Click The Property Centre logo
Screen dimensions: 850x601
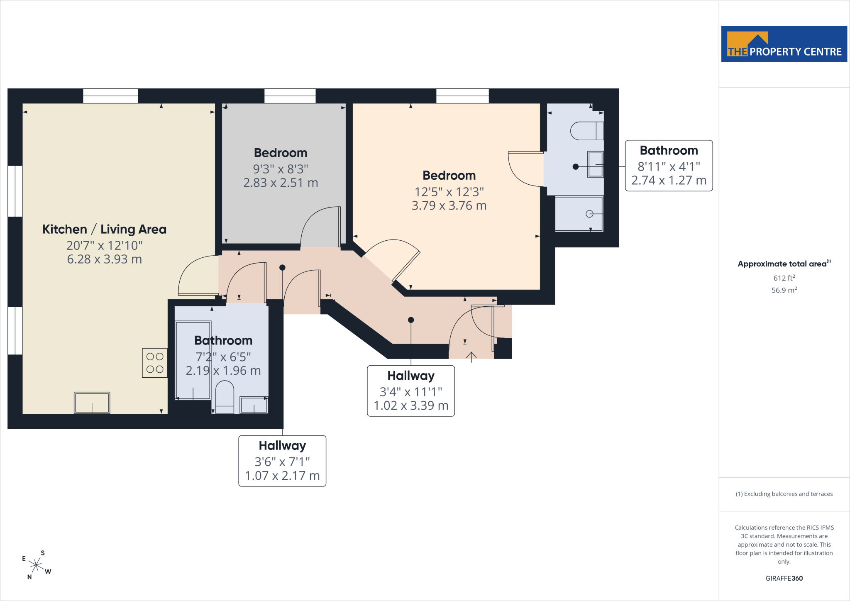pos(784,44)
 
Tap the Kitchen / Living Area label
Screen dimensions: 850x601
pos(104,229)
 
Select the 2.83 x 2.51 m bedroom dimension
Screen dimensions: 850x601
pos(281,183)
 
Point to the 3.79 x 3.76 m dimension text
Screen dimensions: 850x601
pos(449,205)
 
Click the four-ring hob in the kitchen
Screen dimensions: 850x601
pos(155,363)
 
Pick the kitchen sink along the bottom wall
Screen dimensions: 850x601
pos(92,403)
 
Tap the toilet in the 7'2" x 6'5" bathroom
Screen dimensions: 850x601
pos(225,397)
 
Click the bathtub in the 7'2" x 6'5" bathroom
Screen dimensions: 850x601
pos(193,360)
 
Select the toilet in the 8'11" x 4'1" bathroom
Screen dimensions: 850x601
pos(587,131)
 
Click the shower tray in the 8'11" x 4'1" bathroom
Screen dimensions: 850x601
pos(579,214)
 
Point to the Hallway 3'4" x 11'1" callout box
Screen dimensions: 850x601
pos(411,391)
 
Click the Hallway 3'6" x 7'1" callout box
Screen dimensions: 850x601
pos(282,461)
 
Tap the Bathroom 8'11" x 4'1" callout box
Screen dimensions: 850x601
pos(669,166)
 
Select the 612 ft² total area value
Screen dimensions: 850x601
pos(784,278)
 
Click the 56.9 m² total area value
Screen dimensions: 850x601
pos(784,290)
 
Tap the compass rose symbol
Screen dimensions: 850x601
pos(37,564)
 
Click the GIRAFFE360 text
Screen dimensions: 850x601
pos(784,578)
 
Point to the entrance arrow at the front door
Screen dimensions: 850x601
pos(471,357)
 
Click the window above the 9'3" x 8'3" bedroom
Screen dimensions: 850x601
pos(290,96)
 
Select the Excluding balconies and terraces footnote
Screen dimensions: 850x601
pos(784,494)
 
